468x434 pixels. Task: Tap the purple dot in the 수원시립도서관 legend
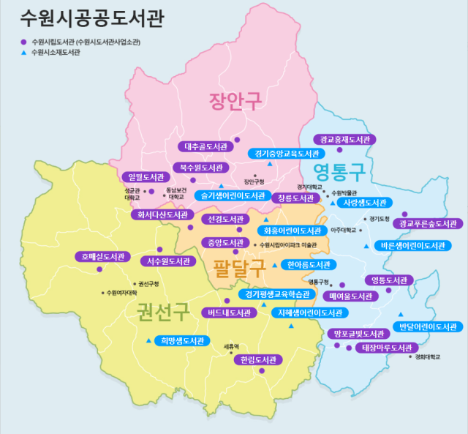(x=23, y=42)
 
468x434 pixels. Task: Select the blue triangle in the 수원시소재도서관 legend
(x=23, y=53)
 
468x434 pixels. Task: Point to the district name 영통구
(x=339, y=173)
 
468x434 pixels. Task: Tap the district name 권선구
(x=162, y=313)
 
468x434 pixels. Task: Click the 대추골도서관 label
(x=205, y=146)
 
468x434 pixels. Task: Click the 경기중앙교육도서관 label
(x=283, y=154)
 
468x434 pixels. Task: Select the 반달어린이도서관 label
(x=427, y=326)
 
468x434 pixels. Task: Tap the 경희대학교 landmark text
(x=428, y=358)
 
